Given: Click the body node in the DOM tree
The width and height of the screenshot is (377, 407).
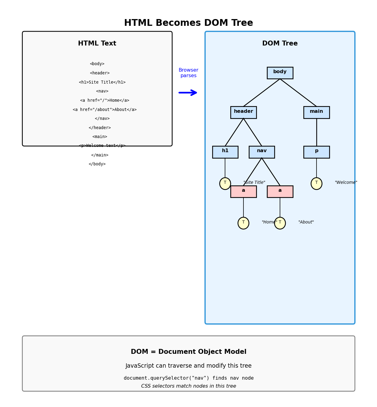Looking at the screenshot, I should pos(280,73).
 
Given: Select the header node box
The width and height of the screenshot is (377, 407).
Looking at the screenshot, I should pos(243,112).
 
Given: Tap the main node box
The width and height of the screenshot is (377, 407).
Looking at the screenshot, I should pos(316,112).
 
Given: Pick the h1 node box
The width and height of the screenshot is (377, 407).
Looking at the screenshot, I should pos(225,152).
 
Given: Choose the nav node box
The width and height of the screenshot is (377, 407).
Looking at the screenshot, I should pos(262,152).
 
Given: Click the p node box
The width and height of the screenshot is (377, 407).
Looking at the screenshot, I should pos(316,152).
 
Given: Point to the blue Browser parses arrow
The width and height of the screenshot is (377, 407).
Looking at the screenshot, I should pos(188,93).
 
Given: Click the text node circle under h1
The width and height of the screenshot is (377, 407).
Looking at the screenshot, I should pos(225,184).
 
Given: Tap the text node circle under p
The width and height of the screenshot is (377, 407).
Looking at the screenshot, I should pos(316,184).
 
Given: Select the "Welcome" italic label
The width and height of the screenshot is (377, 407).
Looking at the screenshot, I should pos(346,183).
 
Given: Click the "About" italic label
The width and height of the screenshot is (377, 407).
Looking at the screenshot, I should pos(306,222).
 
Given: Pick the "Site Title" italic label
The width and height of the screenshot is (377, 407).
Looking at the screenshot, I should pos(254,183).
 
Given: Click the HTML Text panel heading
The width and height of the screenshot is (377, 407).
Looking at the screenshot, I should pos(97,44).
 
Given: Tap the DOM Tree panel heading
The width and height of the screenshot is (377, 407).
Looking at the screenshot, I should pos(280,44).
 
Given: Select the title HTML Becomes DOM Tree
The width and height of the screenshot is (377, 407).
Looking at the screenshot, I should pos(189,23).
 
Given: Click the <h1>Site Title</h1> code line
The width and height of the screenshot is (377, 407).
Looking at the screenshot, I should pos(102,82).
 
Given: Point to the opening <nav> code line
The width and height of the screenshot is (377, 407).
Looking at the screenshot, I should pos(102,91).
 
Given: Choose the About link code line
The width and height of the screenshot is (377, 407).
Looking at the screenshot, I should pos(105,110).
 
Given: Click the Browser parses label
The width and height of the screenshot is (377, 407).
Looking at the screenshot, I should pos(188,73).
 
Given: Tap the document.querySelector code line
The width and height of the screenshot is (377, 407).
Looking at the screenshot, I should pos(189,378).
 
